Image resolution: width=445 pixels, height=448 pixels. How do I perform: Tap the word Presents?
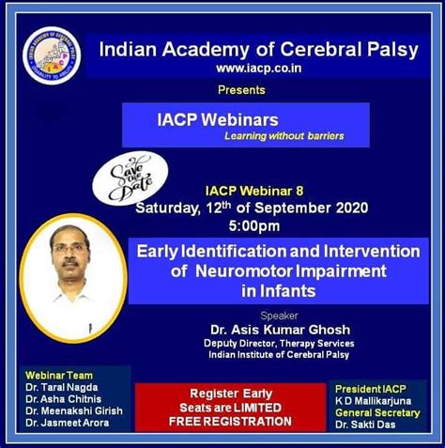[241, 90]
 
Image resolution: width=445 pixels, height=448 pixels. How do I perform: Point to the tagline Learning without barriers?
[284, 136]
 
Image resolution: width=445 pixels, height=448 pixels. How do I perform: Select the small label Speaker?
[278, 316]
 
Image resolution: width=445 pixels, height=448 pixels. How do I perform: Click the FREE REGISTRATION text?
[230, 422]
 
